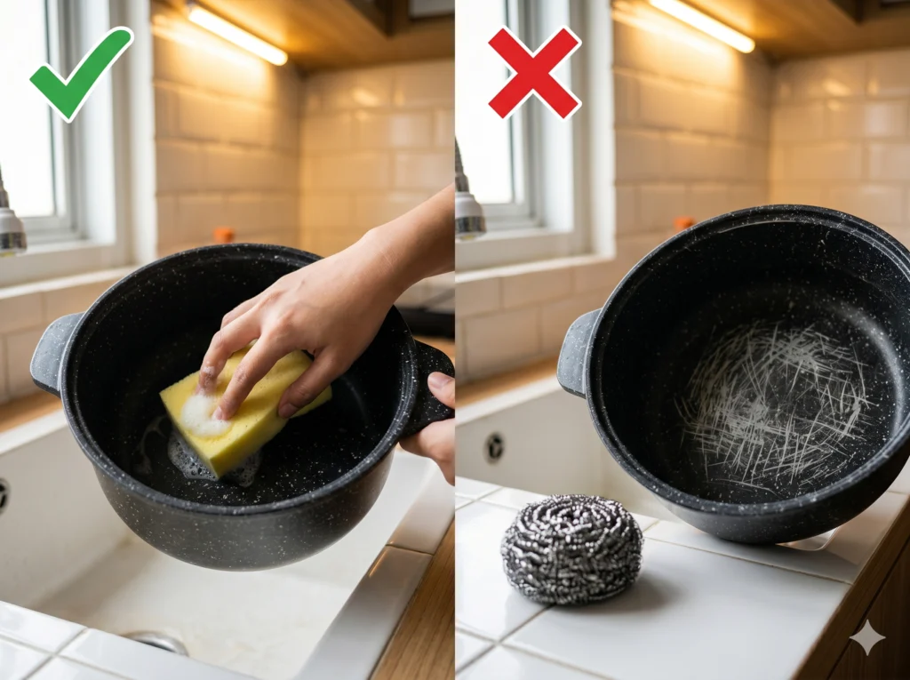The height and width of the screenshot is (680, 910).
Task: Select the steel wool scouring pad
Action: click(571, 548)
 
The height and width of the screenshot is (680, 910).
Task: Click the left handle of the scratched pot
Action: click(576, 351)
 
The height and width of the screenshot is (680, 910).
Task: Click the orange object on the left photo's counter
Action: click(224, 235)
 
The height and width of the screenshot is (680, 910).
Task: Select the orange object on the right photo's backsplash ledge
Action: click(682, 223)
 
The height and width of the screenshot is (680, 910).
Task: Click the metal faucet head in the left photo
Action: click(12, 229)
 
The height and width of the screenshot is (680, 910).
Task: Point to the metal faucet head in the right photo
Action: click(468, 213)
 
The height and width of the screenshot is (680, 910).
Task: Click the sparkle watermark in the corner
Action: click(866, 637)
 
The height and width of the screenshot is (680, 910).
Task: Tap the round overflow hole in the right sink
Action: click(494, 446)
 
